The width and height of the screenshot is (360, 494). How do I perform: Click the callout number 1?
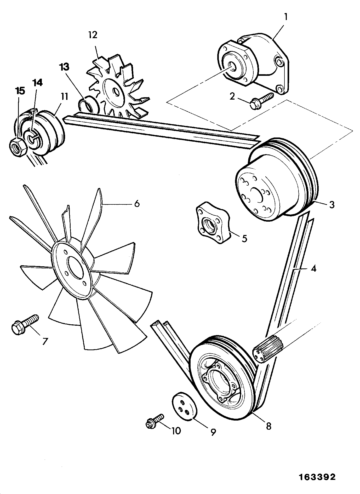(285, 18)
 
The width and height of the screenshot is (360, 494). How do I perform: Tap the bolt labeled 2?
(261, 101)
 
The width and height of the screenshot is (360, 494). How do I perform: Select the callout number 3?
(332, 205)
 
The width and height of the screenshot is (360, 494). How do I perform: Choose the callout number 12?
(93, 35)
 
